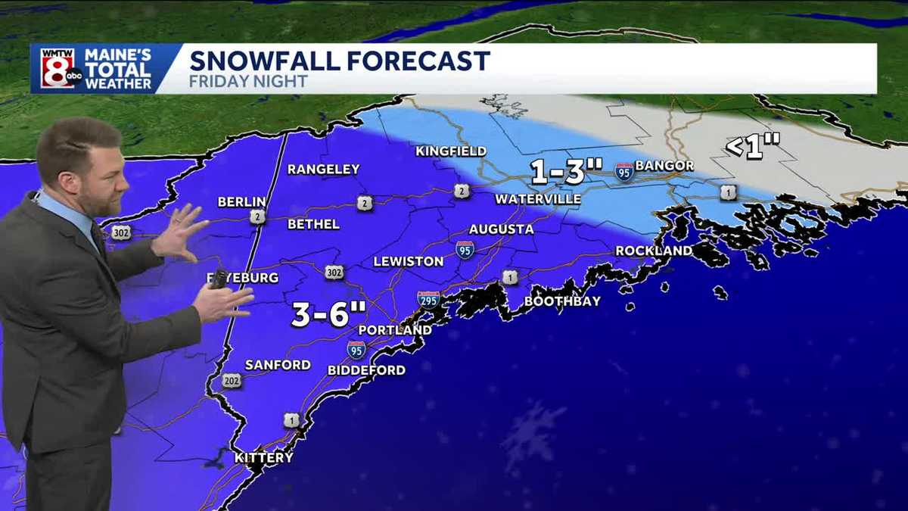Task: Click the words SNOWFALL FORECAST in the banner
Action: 339,61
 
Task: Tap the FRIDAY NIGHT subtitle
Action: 248,81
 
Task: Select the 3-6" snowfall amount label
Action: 328,314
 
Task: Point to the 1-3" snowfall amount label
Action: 559,172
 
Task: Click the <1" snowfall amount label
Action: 753,146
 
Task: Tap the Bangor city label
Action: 664,165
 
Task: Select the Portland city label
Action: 394,330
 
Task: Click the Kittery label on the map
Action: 263,458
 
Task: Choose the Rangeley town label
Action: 323,170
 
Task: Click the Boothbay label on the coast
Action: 562,301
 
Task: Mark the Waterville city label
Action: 537,199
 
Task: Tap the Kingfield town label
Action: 450,151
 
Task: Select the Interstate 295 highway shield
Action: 428,299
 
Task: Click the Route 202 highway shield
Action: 232,381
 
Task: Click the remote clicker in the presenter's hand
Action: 218,280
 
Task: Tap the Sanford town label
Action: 278,365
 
